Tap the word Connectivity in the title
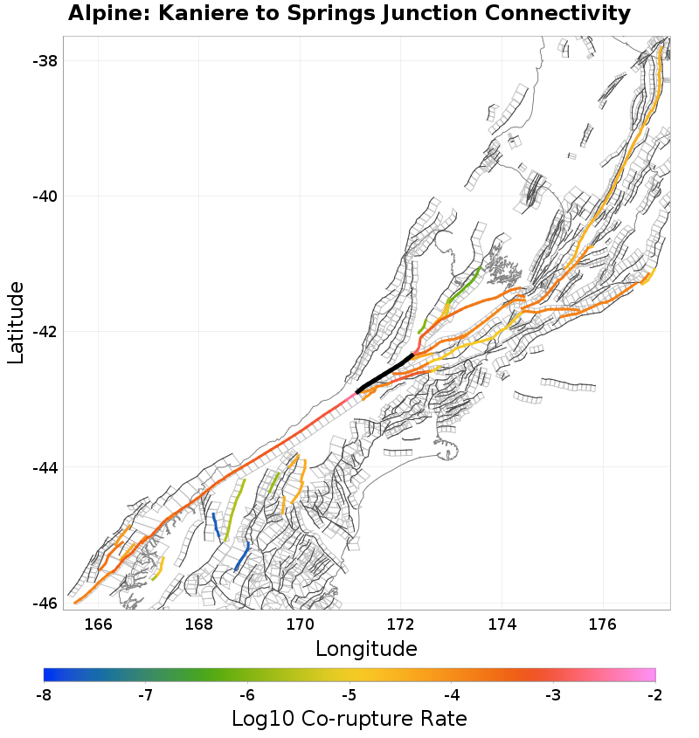tap(548, 14)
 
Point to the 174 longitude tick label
tap(502, 624)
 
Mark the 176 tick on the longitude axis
tap(603, 624)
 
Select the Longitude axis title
tap(366, 649)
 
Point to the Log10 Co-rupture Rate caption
tap(349, 719)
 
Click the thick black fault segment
tap(384, 374)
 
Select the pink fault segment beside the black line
tap(350, 397)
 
